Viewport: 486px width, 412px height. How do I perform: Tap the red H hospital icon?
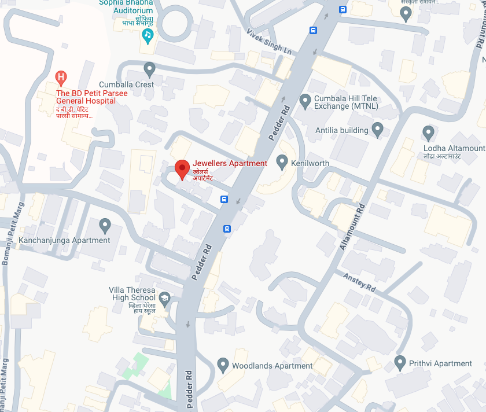pos(60,76)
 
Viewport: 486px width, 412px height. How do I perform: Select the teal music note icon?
pos(148,36)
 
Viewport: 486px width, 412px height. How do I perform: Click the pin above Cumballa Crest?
pos(150,69)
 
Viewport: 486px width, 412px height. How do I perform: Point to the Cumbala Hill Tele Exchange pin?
pos(305,102)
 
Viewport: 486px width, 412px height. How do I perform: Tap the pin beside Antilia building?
pos(378,130)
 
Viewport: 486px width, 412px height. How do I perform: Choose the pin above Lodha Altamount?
pos(429,133)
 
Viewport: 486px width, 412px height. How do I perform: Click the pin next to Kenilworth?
pos(282,162)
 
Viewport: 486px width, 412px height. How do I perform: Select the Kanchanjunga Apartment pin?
pos(105,225)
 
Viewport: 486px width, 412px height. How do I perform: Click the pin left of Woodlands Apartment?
pos(223,365)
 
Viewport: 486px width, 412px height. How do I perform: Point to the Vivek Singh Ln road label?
pos(269,41)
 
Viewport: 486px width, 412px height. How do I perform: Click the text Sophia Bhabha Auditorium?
pos(126,6)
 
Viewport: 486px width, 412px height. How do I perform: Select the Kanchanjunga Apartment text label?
pos(64,240)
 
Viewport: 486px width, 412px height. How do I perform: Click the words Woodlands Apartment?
pos(272,366)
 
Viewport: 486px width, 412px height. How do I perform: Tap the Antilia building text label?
pos(341,130)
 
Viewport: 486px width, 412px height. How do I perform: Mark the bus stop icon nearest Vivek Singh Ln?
pos(313,31)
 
